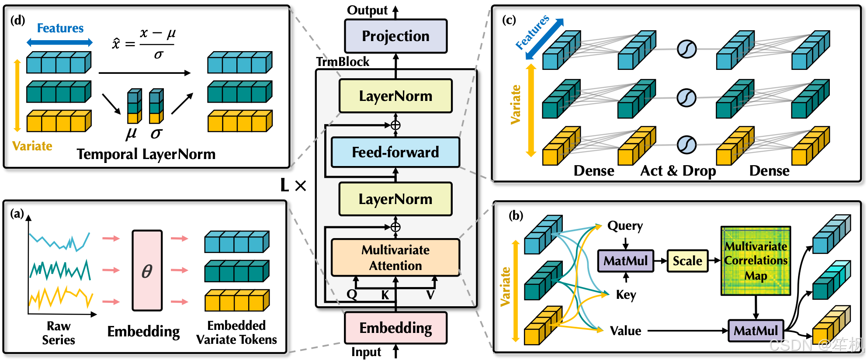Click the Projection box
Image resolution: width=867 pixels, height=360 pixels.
click(395, 36)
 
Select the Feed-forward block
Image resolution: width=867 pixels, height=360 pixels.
click(395, 152)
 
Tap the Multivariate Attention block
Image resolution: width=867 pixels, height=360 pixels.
click(395, 257)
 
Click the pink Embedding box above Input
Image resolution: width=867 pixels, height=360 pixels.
click(395, 328)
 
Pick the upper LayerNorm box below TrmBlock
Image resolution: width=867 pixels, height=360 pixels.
click(395, 96)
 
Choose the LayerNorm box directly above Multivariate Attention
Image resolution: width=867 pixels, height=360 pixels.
click(395, 199)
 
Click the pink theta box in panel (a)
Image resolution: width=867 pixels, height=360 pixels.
click(147, 271)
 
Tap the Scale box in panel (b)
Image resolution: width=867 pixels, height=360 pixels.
click(687, 261)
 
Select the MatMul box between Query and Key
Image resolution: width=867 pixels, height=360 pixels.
click(625, 261)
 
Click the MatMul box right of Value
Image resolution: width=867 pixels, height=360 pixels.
click(756, 330)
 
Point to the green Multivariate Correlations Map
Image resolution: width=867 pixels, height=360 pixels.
click(756, 261)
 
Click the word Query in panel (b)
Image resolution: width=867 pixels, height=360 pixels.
click(625, 226)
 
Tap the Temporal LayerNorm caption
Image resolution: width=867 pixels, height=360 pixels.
click(146, 154)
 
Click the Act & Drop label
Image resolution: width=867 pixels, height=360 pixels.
click(678, 171)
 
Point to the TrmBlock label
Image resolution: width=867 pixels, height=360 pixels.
click(343, 62)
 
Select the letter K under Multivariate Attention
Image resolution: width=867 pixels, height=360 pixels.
click(385, 295)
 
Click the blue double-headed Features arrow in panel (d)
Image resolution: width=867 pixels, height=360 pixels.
click(59, 42)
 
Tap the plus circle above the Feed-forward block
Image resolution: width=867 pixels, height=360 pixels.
click(395, 125)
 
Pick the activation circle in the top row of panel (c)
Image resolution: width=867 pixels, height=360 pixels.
click(687, 49)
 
